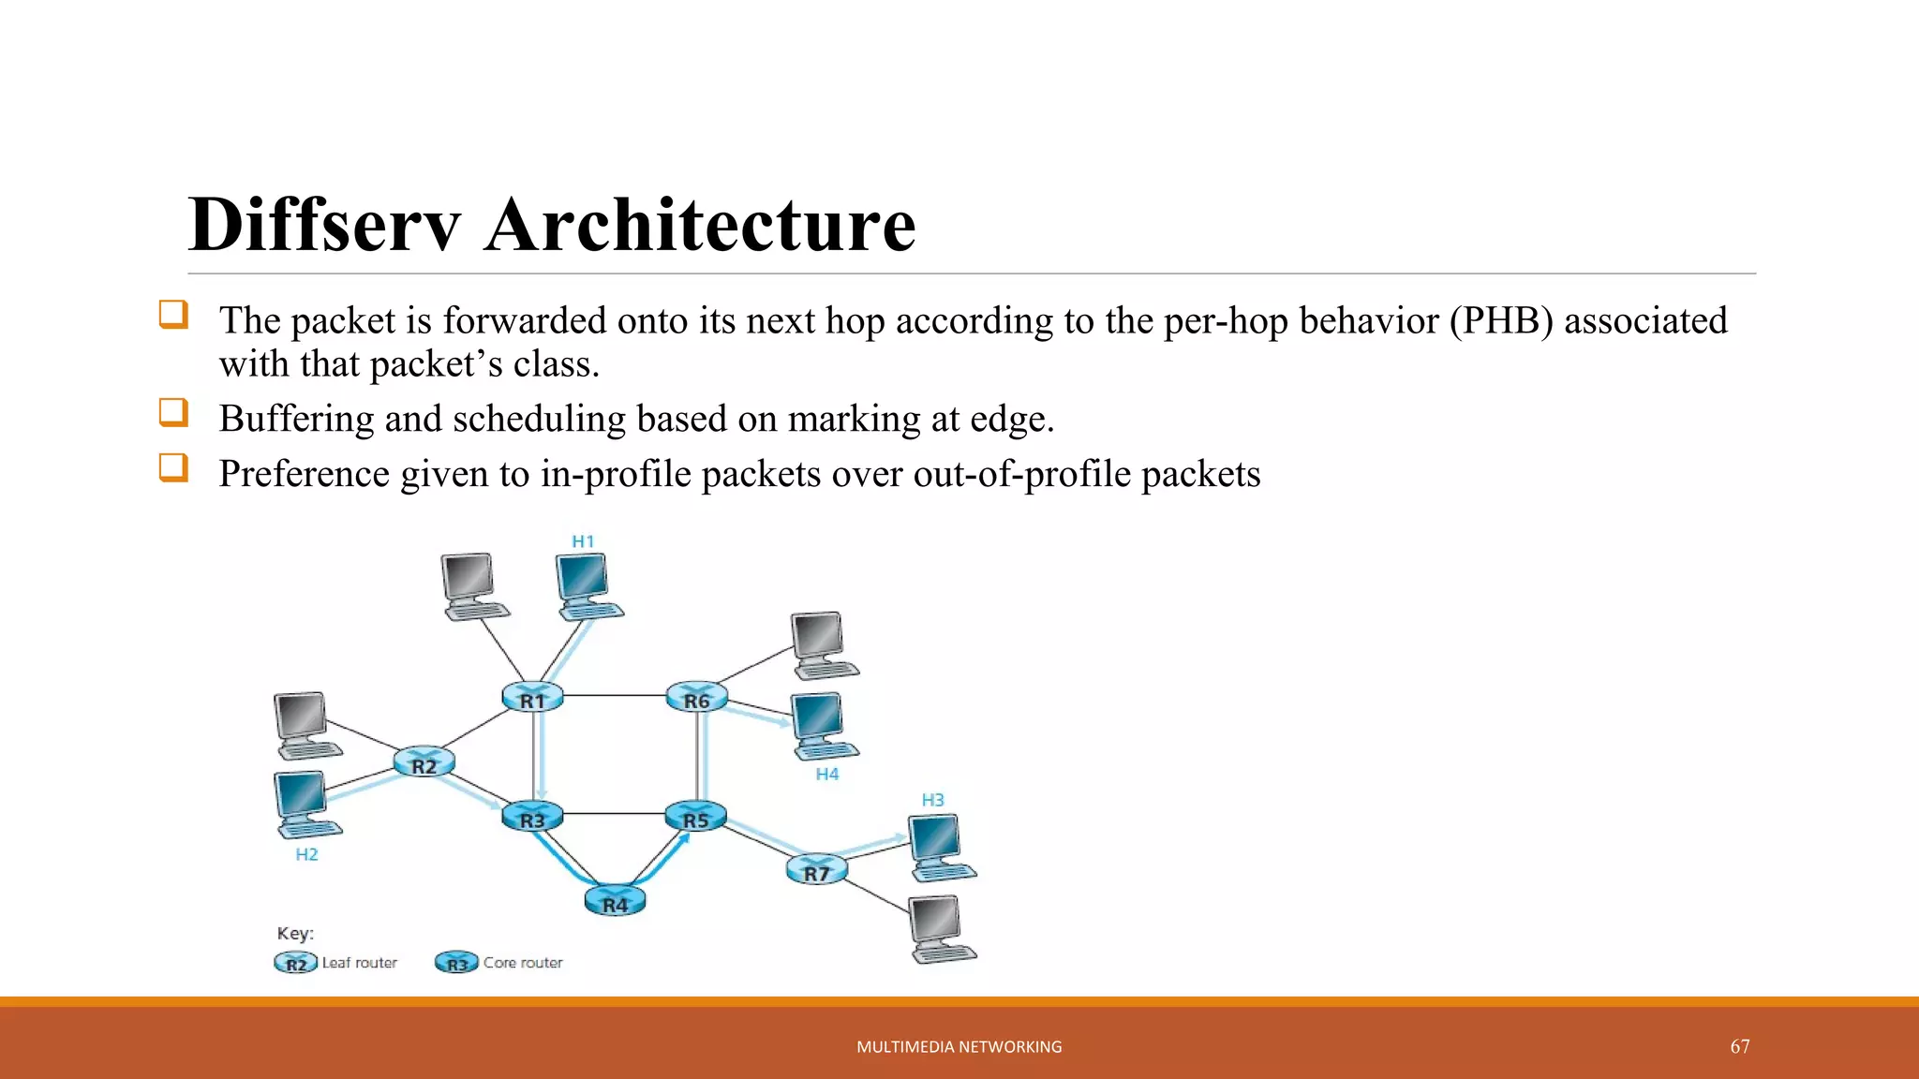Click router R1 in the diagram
pos(532,698)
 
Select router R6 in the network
pos(696,698)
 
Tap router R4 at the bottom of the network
pos(615,902)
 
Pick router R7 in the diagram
pos(816,871)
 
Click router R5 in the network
pos(695,818)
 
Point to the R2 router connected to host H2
pos(424,763)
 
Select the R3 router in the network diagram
pos(532,818)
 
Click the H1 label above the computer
pos(583,541)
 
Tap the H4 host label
pos(826,774)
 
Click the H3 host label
pos(932,800)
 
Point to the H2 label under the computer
pos(306,854)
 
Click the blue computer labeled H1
pos(587,585)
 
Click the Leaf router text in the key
pos(359,963)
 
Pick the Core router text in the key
pos(523,963)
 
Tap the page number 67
pos(1739,1046)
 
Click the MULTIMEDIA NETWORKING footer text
pos(959,1047)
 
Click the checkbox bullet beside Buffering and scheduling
pos(173,412)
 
